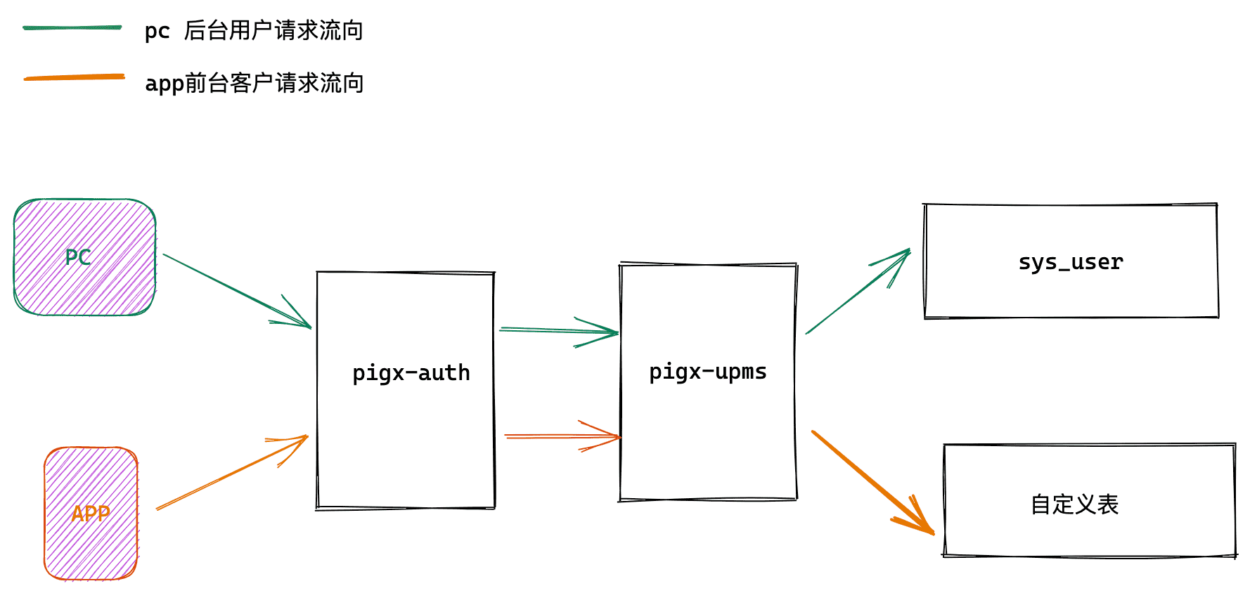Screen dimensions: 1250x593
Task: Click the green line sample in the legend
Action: [x=72, y=28]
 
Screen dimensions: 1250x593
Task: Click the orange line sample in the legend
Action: [x=74, y=77]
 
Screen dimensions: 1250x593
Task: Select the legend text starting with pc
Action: [x=253, y=31]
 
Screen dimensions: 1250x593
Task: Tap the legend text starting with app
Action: [x=254, y=83]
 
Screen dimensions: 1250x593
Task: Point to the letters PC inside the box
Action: [x=78, y=257]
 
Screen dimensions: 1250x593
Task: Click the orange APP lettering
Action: [x=91, y=514]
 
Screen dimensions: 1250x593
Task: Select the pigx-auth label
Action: [x=411, y=372]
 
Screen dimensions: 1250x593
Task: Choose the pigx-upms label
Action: [x=707, y=371]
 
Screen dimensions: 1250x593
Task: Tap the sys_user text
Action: [x=1070, y=262]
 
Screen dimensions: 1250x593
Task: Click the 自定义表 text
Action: [x=1074, y=504]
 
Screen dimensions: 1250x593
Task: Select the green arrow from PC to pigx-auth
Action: [x=236, y=290]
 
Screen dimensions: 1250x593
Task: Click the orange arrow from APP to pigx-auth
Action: [x=232, y=472]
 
